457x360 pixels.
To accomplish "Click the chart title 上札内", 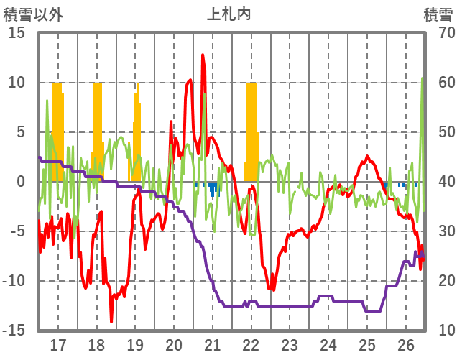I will (x=228, y=14).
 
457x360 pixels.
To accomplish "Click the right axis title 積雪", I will (x=438, y=14).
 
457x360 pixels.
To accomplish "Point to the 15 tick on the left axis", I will (x=17, y=33).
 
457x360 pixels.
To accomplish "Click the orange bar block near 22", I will (x=251, y=129).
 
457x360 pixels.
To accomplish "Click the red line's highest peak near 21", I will (x=203, y=55).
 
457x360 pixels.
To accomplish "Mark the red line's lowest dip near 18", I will (x=111, y=320).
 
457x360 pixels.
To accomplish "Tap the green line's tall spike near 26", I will (x=422, y=79).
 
